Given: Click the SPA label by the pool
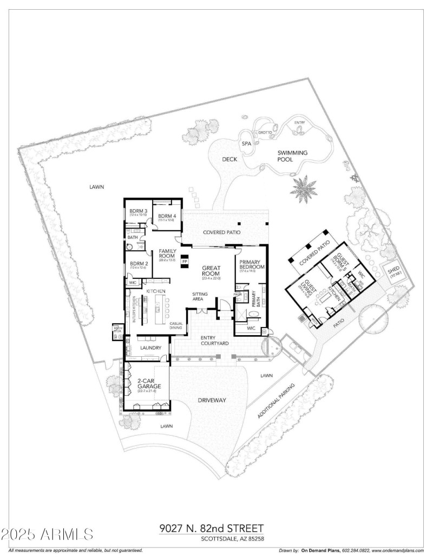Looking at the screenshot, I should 246,144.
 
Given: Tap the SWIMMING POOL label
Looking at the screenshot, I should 292,156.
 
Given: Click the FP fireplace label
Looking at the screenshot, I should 185,262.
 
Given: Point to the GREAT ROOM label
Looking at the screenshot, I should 210,270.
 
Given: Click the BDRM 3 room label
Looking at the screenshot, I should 135,211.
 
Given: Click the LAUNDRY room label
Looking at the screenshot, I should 149,348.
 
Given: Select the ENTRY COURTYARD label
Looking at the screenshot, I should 214,340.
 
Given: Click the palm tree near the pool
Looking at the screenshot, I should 303,188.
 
